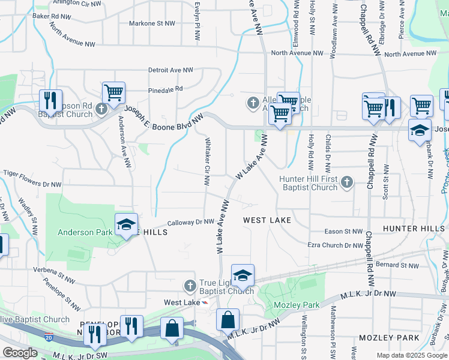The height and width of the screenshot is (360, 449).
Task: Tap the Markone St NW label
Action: coord(152,24)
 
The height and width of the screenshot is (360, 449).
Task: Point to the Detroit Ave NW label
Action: coord(171,70)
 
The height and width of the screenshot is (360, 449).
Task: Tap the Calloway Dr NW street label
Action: coord(190,222)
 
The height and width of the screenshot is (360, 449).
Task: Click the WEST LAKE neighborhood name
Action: coord(267,220)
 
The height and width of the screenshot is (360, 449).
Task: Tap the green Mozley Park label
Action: coord(297,305)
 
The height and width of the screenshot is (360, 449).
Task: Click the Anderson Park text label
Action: coord(84,232)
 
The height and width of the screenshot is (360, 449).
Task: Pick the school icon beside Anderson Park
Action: coord(126,225)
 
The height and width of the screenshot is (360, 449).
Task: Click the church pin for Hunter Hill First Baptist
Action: coord(346,182)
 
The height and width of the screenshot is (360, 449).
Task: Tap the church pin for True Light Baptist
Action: coord(190,285)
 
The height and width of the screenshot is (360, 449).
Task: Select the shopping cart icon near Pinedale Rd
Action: coord(113,93)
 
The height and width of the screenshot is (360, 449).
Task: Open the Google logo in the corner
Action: coord(20,353)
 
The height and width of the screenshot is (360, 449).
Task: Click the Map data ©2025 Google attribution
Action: coord(412,355)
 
